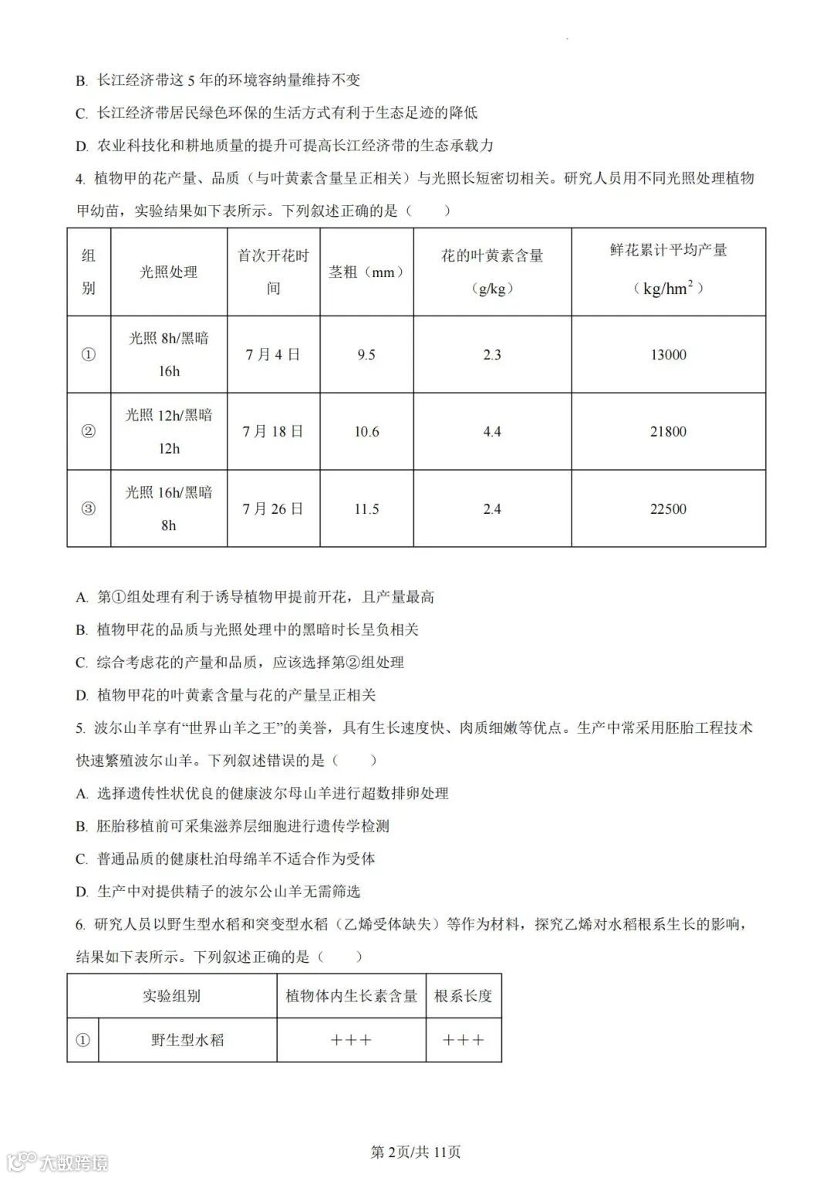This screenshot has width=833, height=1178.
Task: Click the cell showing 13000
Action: click(668, 355)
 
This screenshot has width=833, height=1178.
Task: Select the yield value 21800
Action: click(668, 432)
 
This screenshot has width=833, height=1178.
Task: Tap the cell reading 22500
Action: click(668, 509)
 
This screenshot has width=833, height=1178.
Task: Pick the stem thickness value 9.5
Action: click(366, 355)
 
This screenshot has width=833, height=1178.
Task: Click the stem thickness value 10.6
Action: click(366, 432)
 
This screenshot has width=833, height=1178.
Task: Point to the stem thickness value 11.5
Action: click(366, 509)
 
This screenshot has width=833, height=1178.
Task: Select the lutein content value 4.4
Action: click(492, 432)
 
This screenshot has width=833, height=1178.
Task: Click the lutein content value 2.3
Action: click(492, 355)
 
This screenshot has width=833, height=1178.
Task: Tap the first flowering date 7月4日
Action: click(273, 355)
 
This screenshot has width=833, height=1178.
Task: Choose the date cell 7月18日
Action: click(273, 432)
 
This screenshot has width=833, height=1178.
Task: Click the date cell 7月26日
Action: click(273, 509)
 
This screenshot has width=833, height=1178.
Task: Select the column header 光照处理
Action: click(168, 272)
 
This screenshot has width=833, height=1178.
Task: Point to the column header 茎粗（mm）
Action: click(366, 272)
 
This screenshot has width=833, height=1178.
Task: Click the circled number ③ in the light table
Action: click(89, 509)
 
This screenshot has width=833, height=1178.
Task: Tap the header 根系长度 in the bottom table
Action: click(463, 996)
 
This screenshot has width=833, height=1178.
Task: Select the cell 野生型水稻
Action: click(187, 1040)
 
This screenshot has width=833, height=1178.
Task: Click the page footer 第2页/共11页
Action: click(416, 1153)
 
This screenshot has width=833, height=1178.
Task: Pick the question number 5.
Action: click(79, 728)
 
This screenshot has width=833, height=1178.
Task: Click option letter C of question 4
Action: click(81, 663)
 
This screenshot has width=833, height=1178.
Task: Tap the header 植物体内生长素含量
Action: click(351, 996)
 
